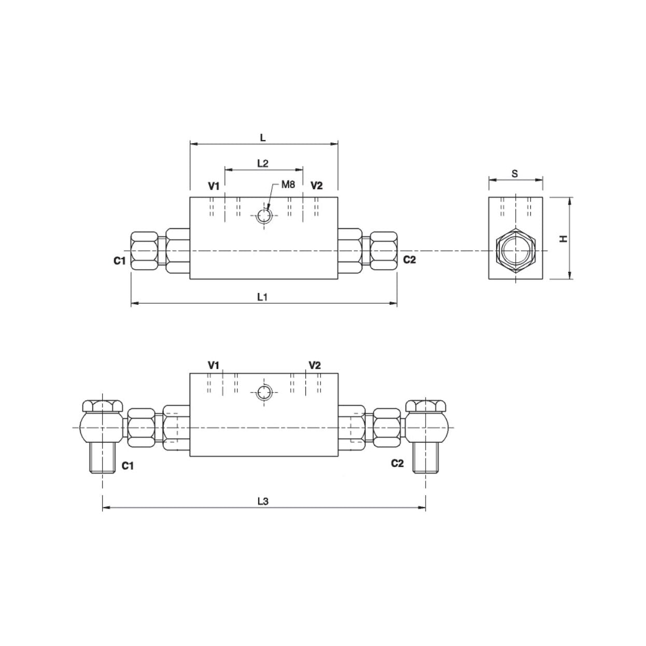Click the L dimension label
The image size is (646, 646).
tap(263, 137)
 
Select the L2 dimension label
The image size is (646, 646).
tap(263, 163)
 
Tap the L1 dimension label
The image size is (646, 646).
tap(263, 297)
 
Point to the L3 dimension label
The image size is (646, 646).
tap(263, 501)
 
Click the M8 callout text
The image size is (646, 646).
tap(288, 184)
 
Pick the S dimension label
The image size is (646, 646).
tap(515, 174)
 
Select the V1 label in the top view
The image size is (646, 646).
tap(214, 186)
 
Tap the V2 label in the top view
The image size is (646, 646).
tap(316, 186)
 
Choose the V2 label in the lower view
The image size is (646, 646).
tap(315, 366)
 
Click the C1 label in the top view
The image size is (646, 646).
tap(120, 261)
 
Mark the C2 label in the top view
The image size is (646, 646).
tap(410, 260)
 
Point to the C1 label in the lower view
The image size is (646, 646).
tap(128, 466)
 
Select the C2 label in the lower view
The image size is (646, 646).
tap(397, 464)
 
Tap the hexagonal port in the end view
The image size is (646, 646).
tap(515, 251)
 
